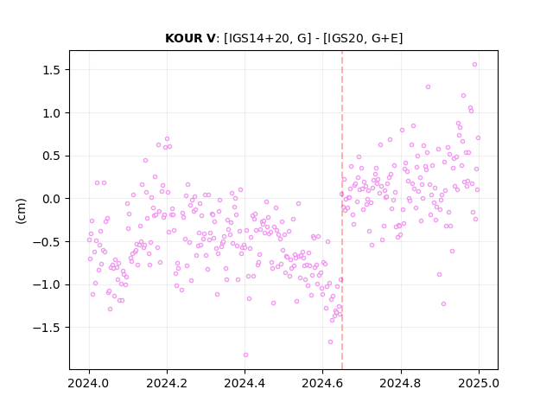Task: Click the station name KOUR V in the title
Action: (x=190, y=38)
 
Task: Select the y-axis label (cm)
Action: (x=21, y=211)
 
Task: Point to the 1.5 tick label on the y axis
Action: (x=52, y=70)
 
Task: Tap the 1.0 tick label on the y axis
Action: (x=52, y=113)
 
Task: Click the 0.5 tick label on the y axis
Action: (x=52, y=156)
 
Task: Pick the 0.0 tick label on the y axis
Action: (x=52, y=199)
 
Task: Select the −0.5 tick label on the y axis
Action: (x=47, y=242)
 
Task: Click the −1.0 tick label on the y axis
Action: (x=47, y=284)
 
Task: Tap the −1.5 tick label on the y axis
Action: (x=47, y=328)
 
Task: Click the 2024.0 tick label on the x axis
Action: (x=89, y=383)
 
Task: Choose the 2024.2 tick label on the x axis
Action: (x=167, y=383)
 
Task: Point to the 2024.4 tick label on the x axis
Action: (x=245, y=383)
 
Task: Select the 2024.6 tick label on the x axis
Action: (x=322, y=383)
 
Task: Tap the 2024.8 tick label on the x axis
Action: (x=401, y=383)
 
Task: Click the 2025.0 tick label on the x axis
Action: (x=479, y=383)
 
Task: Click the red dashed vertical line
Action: (x=342, y=210)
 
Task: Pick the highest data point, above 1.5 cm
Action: (x=474, y=65)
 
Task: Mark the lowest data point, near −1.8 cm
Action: (x=245, y=355)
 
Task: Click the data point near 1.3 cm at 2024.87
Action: (x=429, y=87)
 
